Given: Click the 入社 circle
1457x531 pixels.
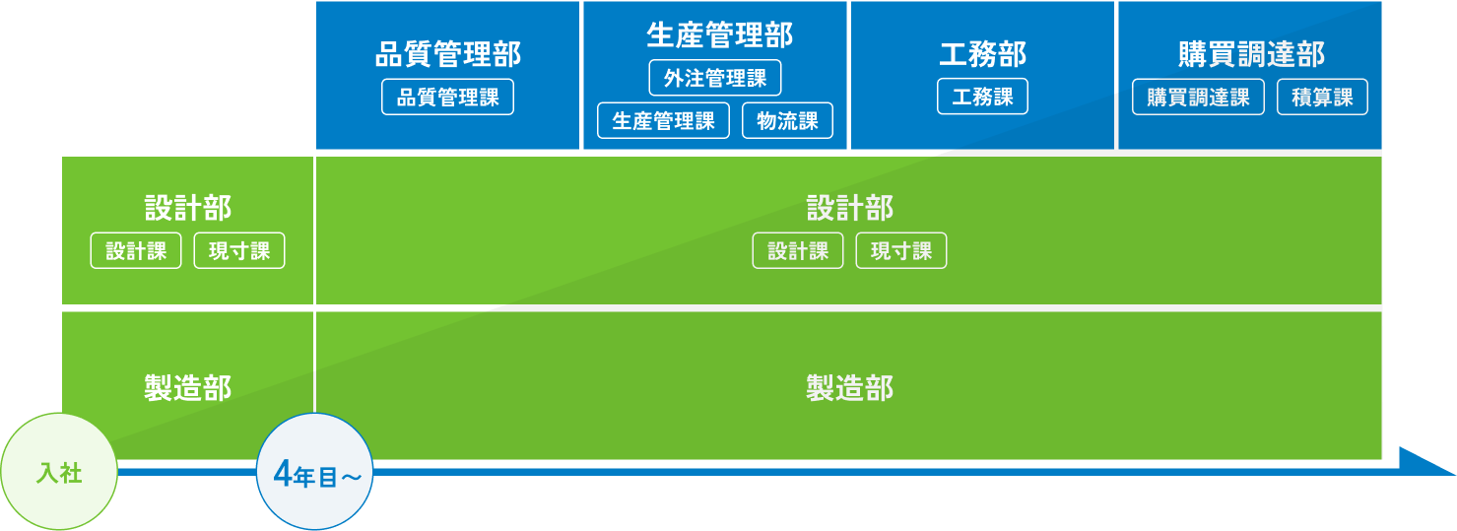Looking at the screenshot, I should (59, 473).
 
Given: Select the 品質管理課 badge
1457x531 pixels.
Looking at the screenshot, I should (447, 99).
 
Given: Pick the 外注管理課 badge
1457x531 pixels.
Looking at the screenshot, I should (715, 78).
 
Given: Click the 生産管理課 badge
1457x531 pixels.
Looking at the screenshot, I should (663, 121).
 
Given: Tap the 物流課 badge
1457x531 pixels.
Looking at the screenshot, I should (787, 121).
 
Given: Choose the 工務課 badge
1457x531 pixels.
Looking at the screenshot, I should (982, 98).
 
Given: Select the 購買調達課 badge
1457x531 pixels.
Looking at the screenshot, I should (1198, 98).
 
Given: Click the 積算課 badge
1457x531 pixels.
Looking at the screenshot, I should (1322, 98).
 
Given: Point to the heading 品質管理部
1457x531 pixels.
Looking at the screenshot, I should (448, 54).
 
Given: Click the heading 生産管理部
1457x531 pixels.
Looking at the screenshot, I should (719, 34).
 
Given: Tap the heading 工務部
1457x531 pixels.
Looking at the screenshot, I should (982, 54).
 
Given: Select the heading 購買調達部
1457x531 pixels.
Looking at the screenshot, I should (1251, 53).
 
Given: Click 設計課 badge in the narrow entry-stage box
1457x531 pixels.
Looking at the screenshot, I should (136, 251).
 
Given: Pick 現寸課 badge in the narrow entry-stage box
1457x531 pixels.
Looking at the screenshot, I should (239, 251).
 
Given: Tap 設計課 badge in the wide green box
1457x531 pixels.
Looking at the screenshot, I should (798, 251).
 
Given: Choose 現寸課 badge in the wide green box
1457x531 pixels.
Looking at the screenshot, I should (901, 251).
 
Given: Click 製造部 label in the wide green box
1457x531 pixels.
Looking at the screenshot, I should (849, 388).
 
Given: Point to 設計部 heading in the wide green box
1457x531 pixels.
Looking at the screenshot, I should (849, 209).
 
